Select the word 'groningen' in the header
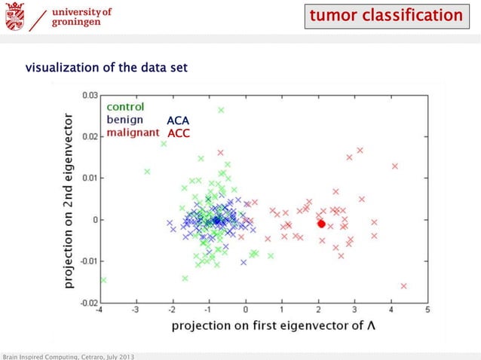[x=77, y=23]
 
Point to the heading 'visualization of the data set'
[x=106, y=69]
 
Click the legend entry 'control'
[x=125, y=107]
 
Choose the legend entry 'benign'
[x=124, y=119]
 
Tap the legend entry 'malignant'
[x=132, y=132]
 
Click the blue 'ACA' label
[x=178, y=121]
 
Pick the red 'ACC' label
[x=178, y=133]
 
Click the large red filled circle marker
[x=321, y=224]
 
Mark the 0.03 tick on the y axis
[x=89, y=95]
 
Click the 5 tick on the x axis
[x=427, y=310]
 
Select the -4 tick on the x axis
[x=100, y=310]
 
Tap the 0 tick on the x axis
[x=245, y=310]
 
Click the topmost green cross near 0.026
[x=221, y=110]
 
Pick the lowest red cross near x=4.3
[x=404, y=285]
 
